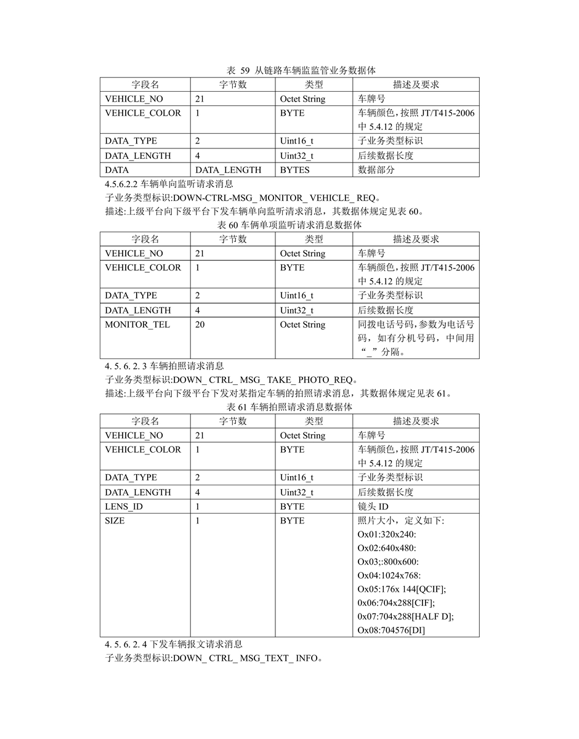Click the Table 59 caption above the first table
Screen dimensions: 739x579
(x=289, y=70)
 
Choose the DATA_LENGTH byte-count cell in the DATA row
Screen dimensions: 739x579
(x=228, y=169)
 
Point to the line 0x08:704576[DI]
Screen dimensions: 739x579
(x=391, y=630)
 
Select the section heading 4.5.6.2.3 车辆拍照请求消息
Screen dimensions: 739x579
(x=164, y=366)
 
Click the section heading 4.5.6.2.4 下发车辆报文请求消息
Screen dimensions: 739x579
(x=174, y=644)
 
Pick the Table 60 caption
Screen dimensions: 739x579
(x=289, y=225)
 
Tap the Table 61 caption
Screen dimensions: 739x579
(x=289, y=408)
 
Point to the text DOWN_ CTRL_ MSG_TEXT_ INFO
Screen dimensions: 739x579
(x=246, y=658)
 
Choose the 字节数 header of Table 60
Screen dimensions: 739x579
(x=233, y=239)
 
